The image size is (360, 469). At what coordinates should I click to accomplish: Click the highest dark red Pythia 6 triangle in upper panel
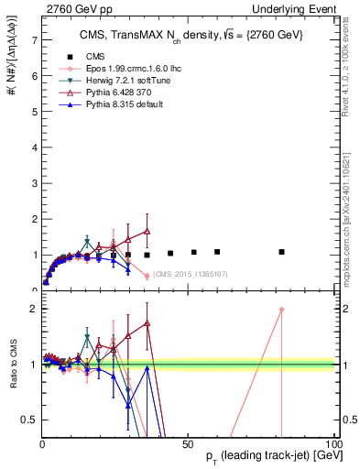click(147, 232)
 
